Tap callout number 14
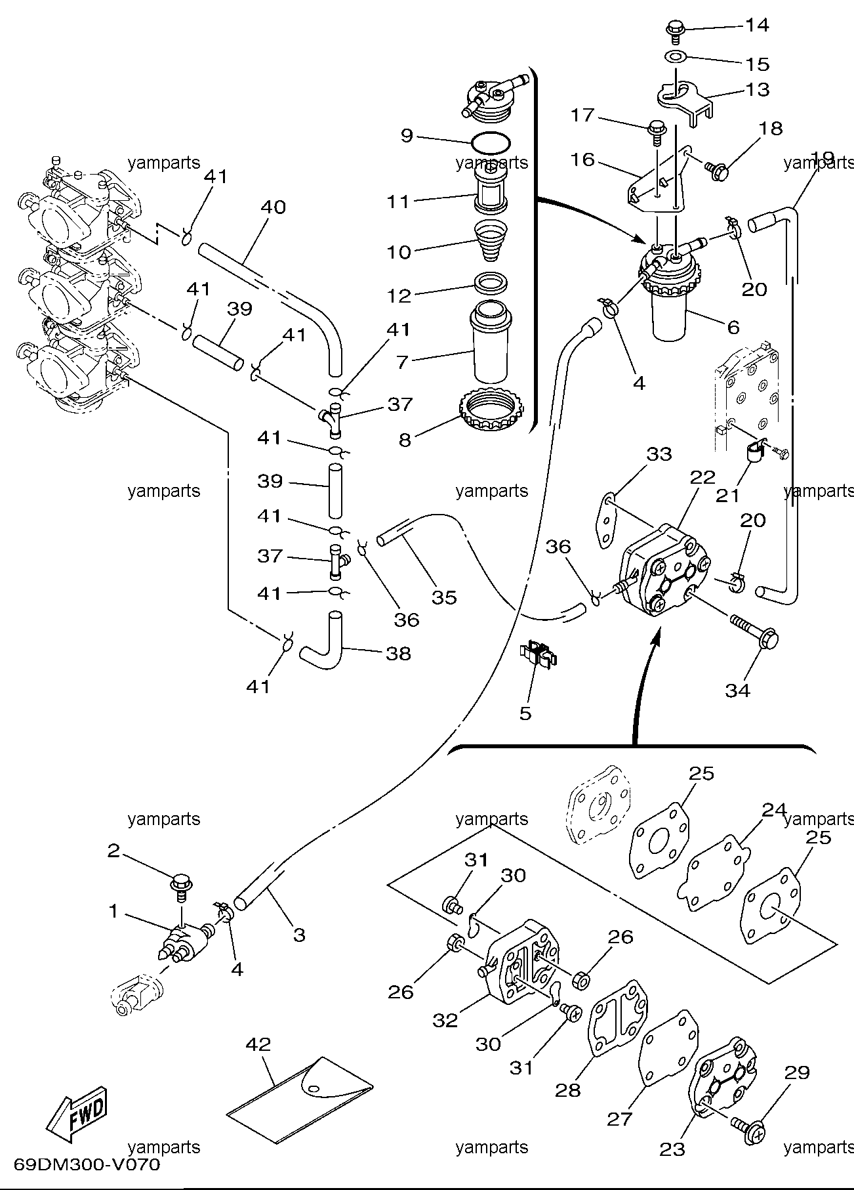[x=756, y=25]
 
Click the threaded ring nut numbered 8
[x=491, y=412]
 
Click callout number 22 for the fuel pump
[x=702, y=477]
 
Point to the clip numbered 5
[x=538, y=655]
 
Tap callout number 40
[x=273, y=207]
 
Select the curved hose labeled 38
[x=321, y=637]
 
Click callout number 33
[x=659, y=454]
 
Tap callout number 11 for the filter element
[x=397, y=202]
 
